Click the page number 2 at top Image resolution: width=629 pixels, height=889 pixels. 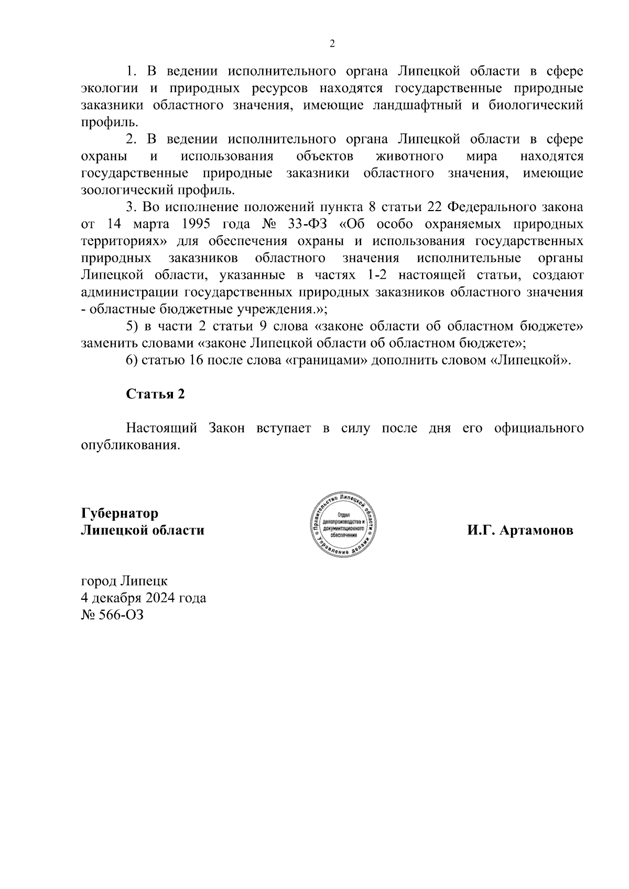tap(331, 44)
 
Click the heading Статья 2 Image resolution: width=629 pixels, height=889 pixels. tap(155, 394)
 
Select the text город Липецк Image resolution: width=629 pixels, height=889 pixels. tap(124, 581)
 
